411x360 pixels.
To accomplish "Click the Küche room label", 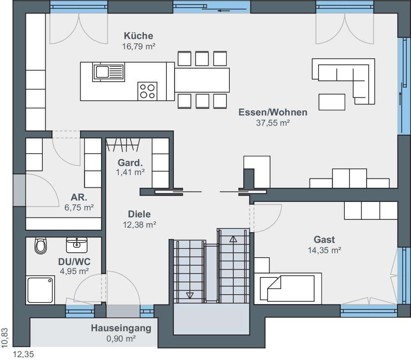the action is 139,36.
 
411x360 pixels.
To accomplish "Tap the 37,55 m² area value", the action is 272,123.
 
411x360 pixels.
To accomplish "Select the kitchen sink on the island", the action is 109,72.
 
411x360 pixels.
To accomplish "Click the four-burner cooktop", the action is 147,91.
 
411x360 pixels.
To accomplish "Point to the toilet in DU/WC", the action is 41,245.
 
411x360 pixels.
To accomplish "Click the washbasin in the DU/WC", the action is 76,245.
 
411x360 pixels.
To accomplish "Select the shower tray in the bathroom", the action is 40,290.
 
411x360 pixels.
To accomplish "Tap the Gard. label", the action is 130,163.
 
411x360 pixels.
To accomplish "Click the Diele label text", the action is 139,214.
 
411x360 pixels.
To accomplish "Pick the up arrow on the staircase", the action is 233,239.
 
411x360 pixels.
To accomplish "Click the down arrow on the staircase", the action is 189,295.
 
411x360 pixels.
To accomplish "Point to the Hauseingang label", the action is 121,328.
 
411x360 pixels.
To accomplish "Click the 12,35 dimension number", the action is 23,355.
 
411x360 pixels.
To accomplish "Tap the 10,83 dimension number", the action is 5,338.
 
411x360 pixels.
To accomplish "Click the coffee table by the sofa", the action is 332,102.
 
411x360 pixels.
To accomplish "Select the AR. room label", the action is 79,197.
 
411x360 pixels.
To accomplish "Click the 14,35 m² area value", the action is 324,250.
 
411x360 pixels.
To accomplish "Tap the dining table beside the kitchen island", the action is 202,80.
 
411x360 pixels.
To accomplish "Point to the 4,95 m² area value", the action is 74,271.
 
